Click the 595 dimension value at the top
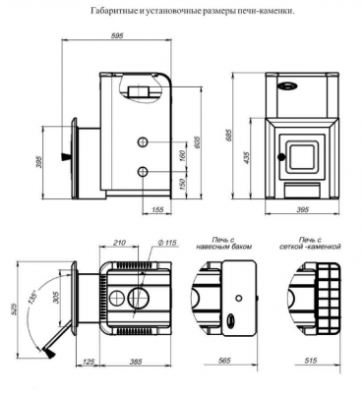tap(117, 36)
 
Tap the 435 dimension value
tap(247, 157)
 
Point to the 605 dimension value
tap(197, 142)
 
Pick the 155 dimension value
tap(157, 210)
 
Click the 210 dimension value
tap(119, 243)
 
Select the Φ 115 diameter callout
tap(167, 243)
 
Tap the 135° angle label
tap(33, 298)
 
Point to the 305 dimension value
tap(56, 298)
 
